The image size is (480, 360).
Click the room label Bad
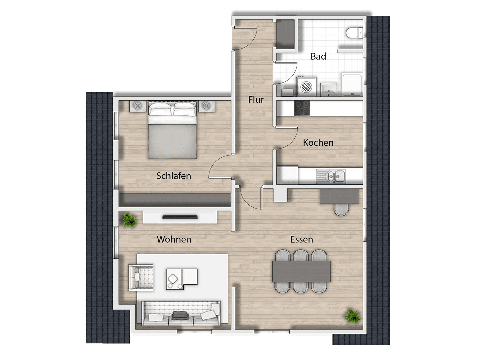pos(318,56)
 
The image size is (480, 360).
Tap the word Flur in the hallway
pos(256,99)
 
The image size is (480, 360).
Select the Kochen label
pos(318,143)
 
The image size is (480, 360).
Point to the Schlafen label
pos(174,176)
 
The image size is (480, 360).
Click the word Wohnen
pos(174,239)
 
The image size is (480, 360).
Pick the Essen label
pos(301,239)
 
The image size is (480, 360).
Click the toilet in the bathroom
pos(354,33)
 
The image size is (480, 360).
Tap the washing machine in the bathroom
pos(306,87)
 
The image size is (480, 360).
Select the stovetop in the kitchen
pos(302,108)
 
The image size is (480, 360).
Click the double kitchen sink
pos(336,176)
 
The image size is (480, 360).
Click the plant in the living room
pos(129,220)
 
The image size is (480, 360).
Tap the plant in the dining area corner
pos(352,316)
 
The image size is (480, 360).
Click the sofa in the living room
pos(181,313)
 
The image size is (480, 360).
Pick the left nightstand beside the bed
pos(138,106)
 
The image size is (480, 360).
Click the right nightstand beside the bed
pos(207,106)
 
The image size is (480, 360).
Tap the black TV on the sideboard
pos(180,217)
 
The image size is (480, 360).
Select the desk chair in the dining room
pos(341,209)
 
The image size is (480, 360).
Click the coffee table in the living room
pos(181,279)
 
